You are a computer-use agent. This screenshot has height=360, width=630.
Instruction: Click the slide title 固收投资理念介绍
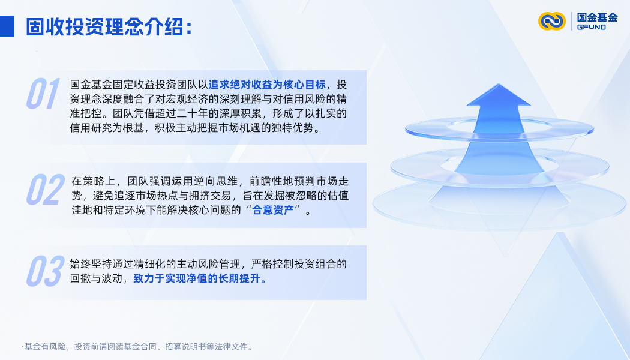(108, 26)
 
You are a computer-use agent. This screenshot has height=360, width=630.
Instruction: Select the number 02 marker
(44, 190)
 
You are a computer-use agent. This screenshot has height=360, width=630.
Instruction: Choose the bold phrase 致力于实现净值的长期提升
(200, 279)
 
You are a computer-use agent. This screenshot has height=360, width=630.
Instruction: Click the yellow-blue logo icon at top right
(551, 21)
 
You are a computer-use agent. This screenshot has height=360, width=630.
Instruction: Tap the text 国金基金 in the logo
(597, 17)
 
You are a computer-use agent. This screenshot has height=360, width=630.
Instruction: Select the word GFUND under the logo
(591, 28)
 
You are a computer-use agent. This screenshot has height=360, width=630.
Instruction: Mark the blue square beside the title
(7, 26)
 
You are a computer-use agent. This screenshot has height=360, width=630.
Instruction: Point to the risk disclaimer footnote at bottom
(138, 347)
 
